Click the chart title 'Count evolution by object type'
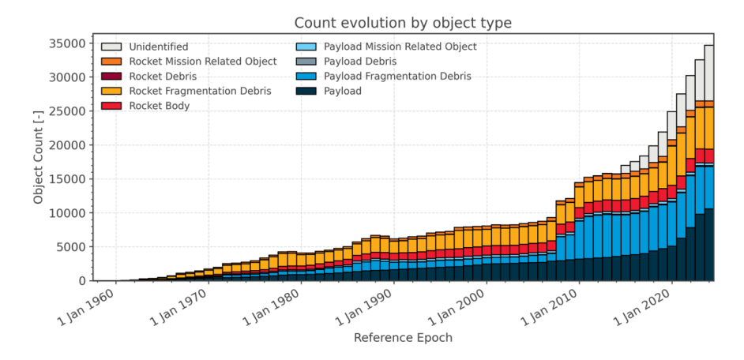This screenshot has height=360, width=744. (x=403, y=23)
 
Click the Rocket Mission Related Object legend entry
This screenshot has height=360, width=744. (x=203, y=62)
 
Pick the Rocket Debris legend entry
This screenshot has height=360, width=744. (x=163, y=77)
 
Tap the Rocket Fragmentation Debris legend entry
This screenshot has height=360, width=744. (x=200, y=92)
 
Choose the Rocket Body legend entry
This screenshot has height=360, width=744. (x=159, y=106)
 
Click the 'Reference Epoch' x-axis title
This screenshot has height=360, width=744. (x=403, y=338)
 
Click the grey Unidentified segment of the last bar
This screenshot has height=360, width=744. (x=708, y=73)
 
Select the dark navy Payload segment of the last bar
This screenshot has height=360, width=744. (x=708, y=245)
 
